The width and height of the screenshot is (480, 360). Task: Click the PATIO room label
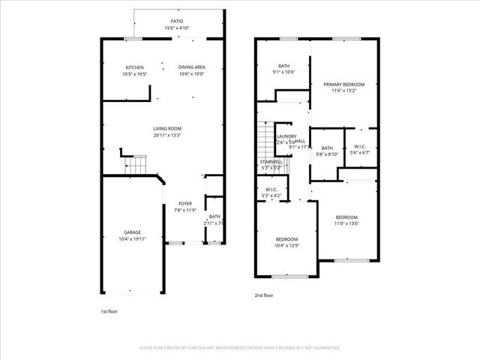click(177, 21)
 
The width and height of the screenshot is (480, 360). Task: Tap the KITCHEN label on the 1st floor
click(135, 67)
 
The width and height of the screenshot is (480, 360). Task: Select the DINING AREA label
click(192, 67)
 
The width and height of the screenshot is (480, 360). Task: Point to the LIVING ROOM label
click(168, 129)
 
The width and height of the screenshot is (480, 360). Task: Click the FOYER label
click(184, 203)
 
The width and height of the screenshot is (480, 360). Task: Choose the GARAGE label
click(133, 232)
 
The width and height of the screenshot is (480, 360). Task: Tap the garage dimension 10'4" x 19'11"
click(133, 239)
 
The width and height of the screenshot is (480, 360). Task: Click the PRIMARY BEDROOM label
click(343, 84)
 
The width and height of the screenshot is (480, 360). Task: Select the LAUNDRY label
click(286, 136)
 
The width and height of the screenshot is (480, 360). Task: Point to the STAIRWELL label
click(271, 161)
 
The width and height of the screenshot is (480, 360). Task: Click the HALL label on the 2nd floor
click(300, 141)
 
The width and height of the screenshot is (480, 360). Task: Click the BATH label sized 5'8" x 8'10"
click(327, 148)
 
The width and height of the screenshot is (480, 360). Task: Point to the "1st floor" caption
click(109, 310)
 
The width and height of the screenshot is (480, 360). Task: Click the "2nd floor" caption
click(264, 295)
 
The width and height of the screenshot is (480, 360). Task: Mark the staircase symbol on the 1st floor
click(134, 164)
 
